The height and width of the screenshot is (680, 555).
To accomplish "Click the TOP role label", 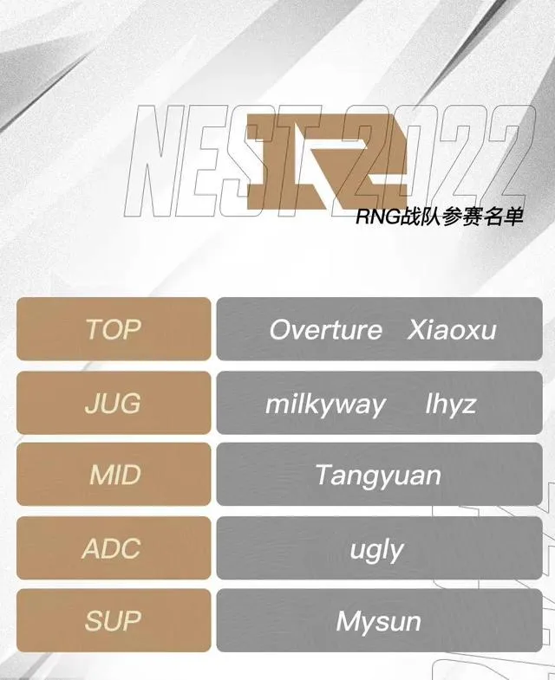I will [x=113, y=330].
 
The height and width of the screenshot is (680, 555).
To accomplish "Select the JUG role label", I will [x=113, y=403].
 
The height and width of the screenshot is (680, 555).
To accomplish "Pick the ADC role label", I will [x=113, y=548].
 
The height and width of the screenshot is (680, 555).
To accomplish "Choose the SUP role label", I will [x=113, y=621].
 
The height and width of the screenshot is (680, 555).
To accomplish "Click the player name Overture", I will [x=325, y=330].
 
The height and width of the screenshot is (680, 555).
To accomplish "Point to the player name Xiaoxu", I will [x=452, y=330].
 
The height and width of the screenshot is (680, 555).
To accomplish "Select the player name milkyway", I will [x=325, y=404].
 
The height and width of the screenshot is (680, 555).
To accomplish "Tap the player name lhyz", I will [x=451, y=404].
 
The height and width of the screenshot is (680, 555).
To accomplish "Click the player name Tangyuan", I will [x=378, y=476].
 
